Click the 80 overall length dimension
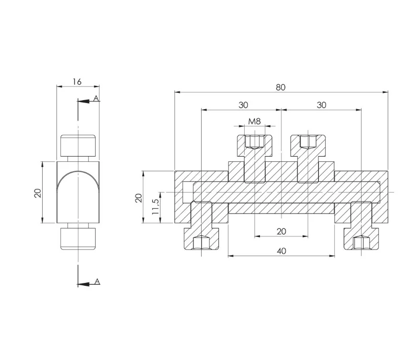(x=281, y=88)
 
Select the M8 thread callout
(x=254, y=121)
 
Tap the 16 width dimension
(x=77, y=82)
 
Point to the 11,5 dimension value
(x=156, y=207)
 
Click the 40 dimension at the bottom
(x=282, y=251)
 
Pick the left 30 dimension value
(x=243, y=105)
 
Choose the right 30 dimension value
(x=321, y=105)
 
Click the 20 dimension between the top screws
(x=282, y=231)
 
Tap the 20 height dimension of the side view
(x=38, y=193)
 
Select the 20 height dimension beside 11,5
(x=139, y=198)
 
